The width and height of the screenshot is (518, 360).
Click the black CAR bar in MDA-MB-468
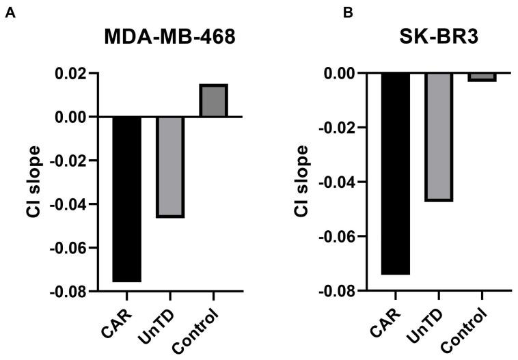click(x=126, y=199)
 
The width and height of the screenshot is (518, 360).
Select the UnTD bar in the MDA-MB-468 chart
click(x=169, y=167)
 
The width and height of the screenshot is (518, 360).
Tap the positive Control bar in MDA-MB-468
click(x=213, y=100)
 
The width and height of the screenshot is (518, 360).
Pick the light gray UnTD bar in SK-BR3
click(x=438, y=137)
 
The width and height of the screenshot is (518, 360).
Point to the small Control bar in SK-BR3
click(x=481, y=77)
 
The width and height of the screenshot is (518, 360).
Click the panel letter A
click(x=9, y=12)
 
